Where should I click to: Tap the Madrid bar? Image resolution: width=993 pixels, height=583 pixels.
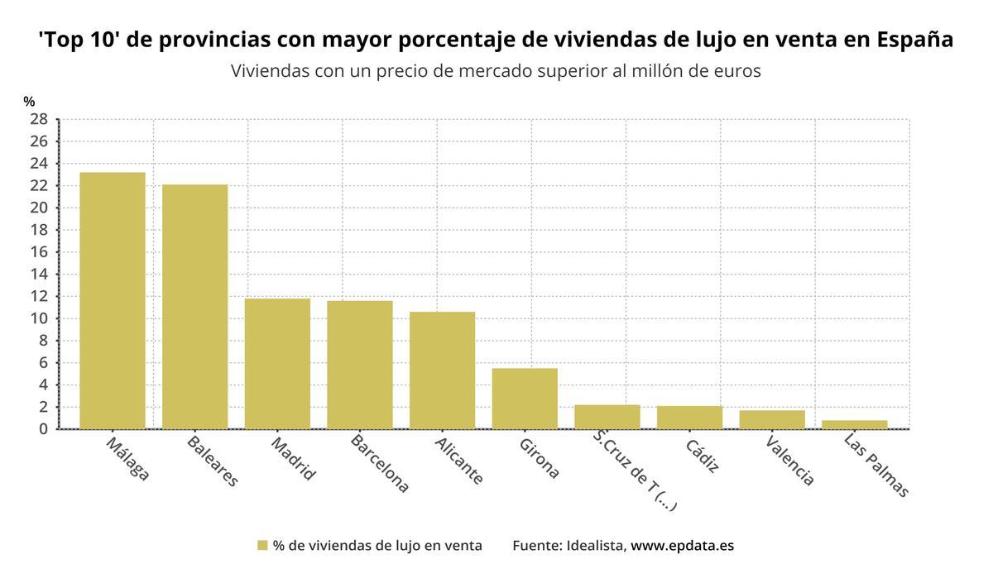tap(277, 363)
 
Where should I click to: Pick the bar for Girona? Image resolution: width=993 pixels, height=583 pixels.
tap(525, 398)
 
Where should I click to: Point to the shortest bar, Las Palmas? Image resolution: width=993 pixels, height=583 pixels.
tap(855, 424)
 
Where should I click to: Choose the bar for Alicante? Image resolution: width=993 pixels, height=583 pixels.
tap(442, 370)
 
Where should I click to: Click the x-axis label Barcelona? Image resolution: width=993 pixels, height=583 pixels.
tap(379, 463)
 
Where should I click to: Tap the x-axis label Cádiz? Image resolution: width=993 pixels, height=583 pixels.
tap(703, 455)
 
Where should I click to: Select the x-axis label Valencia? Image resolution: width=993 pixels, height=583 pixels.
tap(789, 460)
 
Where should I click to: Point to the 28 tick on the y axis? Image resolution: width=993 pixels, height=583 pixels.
tap(39, 119)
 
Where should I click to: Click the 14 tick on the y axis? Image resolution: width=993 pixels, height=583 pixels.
tap(39, 274)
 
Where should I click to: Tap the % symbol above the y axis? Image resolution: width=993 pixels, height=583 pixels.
tap(29, 102)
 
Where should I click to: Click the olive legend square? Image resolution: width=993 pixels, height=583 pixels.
tap(262, 546)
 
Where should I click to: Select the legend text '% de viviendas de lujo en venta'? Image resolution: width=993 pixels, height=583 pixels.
tap(377, 546)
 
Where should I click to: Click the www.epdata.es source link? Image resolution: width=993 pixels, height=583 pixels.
tap(682, 546)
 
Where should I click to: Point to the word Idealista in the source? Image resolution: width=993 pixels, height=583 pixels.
tap(596, 546)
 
